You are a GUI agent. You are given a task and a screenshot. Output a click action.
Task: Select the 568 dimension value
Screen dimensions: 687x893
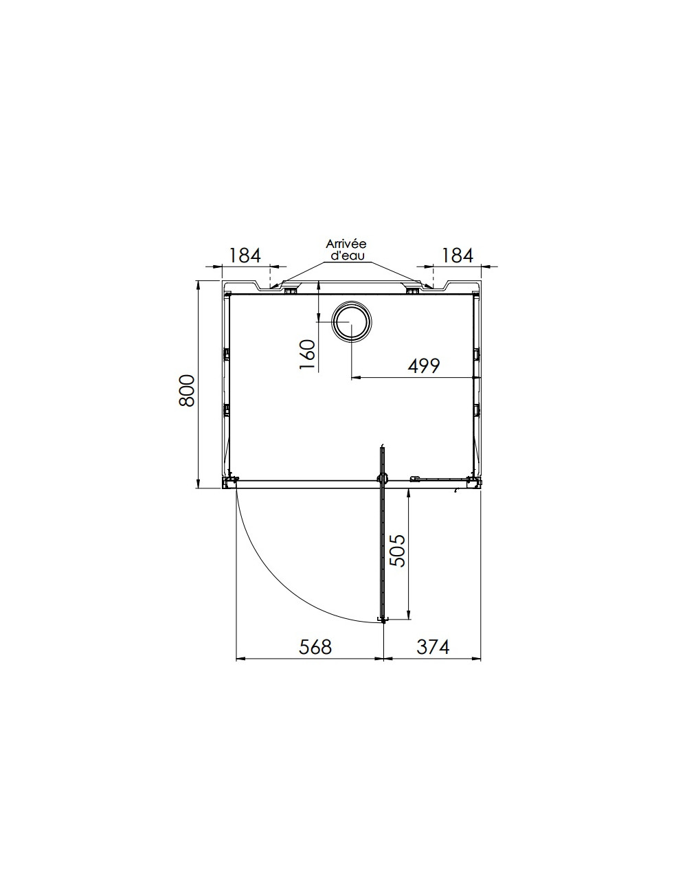(x=315, y=647)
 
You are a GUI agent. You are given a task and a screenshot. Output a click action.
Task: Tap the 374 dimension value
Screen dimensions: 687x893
(x=433, y=647)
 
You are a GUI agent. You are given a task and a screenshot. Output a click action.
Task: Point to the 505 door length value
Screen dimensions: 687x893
(x=397, y=550)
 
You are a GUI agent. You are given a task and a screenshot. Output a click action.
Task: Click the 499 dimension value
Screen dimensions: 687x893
(x=424, y=365)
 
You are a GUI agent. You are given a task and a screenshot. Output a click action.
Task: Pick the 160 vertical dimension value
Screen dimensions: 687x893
(x=307, y=354)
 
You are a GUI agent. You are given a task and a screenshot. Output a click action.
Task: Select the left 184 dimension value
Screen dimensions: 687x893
(x=245, y=256)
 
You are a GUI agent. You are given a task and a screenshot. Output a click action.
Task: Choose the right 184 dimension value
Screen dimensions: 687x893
(x=457, y=256)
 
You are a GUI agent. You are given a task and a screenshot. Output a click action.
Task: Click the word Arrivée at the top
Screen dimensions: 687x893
(x=346, y=244)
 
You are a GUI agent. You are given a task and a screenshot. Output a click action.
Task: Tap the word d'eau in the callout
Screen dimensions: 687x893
(x=346, y=256)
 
